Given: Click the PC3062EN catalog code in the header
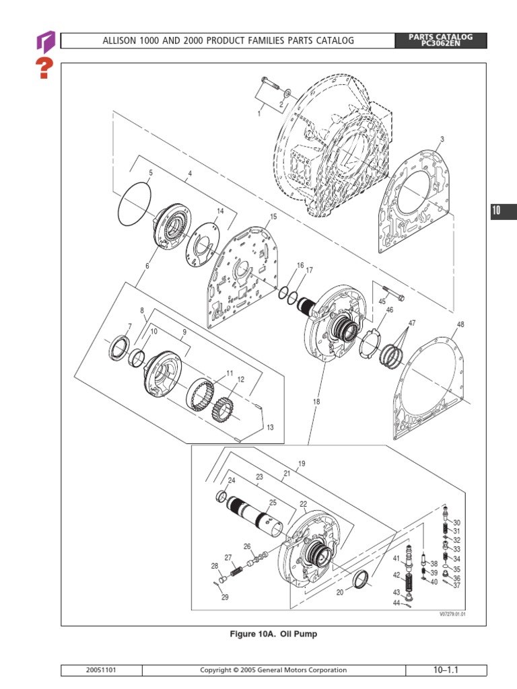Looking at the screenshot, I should coord(441,44).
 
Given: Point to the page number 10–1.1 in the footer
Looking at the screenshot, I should coord(446,669).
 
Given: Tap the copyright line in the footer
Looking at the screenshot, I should coord(274,670).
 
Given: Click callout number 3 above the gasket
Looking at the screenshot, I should coord(442,140).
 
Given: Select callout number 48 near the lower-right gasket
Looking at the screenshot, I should coord(460,325).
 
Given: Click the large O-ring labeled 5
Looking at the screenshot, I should coord(134,205).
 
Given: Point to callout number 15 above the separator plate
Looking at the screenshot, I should coord(273,217).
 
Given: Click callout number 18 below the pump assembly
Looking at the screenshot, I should coord(316,402).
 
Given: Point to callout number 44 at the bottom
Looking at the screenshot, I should coord(397,603).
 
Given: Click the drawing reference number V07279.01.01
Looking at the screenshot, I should coord(452,614).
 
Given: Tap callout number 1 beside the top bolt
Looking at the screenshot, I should coord(258,114).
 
